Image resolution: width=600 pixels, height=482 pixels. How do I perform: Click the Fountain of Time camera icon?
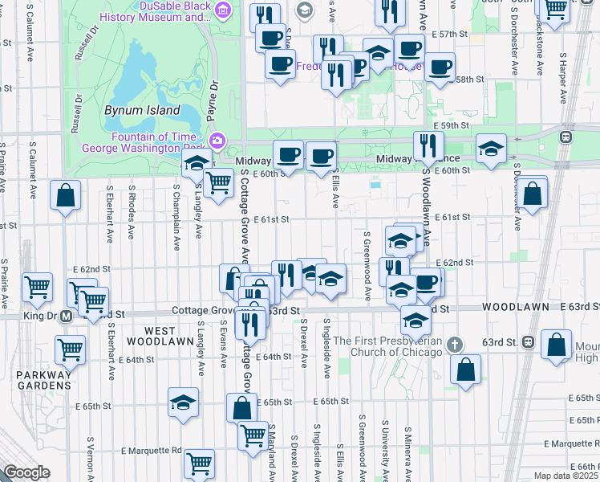217,141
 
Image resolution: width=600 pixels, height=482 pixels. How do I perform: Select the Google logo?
26,472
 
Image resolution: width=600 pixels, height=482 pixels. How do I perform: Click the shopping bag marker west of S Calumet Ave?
66,195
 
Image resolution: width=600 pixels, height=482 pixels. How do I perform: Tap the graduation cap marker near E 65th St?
183,402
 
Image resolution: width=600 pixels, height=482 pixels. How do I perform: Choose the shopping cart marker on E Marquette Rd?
199,463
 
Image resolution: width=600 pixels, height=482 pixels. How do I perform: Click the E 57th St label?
448,35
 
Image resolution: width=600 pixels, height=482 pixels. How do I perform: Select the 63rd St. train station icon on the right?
528,341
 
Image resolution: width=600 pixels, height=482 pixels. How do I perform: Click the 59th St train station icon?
566,136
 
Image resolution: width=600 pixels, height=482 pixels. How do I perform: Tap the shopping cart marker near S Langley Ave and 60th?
217,182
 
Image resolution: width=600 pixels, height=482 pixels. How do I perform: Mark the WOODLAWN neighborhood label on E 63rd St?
515,307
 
